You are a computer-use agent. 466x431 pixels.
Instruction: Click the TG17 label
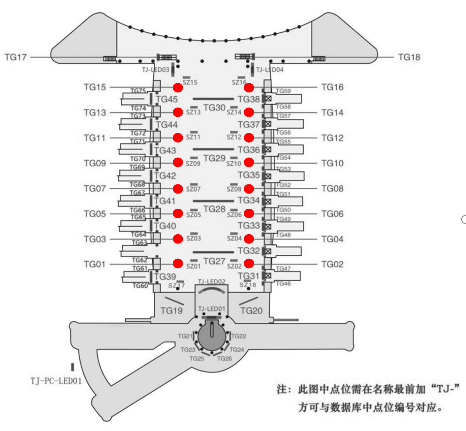pos(16,57)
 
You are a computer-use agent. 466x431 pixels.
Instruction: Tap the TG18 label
pos(409,57)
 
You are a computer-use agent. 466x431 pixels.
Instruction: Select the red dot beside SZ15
pos(178,87)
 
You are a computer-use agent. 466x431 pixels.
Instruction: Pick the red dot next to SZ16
pos(249,87)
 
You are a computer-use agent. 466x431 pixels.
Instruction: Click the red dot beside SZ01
pos(178,263)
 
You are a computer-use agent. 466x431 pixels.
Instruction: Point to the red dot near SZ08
pos(249,188)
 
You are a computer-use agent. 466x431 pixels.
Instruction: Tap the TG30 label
pos(214,108)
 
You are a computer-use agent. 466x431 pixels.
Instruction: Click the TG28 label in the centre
pos(214,209)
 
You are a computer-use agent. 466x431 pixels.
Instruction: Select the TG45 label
pos(167,99)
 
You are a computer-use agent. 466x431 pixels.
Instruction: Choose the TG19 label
pos(172,310)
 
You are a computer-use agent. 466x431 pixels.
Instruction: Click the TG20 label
pos(251,310)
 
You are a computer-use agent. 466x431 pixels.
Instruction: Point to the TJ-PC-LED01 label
pos(56,381)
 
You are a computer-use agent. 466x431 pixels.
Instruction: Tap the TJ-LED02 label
pos(211,282)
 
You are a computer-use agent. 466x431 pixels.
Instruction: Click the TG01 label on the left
pos(95,264)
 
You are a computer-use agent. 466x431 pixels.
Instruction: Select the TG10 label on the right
pos(332,163)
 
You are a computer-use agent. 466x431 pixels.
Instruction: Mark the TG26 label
pos(224,359)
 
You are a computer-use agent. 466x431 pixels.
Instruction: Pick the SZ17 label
pos(176,286)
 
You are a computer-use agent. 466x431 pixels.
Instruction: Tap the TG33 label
pos(249,226)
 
